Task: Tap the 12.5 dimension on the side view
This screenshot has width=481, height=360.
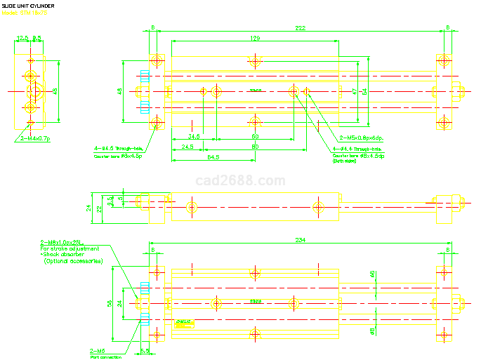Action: click(22, 38)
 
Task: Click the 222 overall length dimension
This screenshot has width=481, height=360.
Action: click(300, 28)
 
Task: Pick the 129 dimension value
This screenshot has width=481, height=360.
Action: click(255, 39)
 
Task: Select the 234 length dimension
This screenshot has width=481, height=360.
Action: click(300, 240)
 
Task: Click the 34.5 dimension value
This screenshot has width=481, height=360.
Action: click(194, 135)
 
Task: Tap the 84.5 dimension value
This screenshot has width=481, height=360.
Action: click(213, 156)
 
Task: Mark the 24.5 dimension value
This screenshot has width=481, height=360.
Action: click(187, 147)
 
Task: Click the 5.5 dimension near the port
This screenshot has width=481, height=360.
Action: click(145, 350)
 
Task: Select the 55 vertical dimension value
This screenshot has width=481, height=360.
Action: click(110, 302)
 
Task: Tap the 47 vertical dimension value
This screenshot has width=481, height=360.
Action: click(355, 91)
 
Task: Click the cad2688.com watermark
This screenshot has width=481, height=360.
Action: click(240, 181)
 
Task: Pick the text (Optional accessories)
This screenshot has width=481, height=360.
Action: click(73, 261)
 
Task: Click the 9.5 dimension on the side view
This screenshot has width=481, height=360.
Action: click(37, 38)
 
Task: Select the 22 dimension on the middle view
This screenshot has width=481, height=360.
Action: click(100, 207)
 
